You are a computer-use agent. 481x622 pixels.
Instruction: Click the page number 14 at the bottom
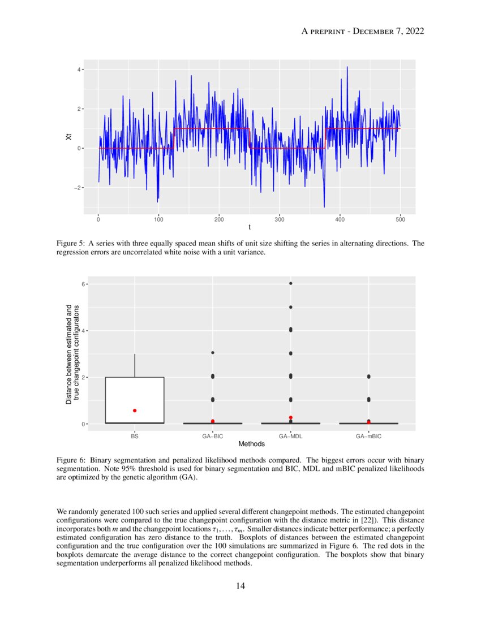(x=240, y=586)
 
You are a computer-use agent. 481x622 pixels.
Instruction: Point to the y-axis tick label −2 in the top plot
(x=79, y=188)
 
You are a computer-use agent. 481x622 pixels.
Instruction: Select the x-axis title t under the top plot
(x=249, y=228)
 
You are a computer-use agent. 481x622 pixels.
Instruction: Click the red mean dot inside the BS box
(x=135, y=411)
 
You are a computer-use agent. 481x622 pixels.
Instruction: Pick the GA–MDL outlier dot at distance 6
(x=291, y=283)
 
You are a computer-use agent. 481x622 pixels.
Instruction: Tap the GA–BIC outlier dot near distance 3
(x=213, y=353)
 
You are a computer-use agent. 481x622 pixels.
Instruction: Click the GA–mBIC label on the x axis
(x=369, y=436)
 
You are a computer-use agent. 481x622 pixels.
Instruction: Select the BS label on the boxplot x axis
(x=135, y=436)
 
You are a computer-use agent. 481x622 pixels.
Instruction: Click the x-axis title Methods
(x=251, y=444)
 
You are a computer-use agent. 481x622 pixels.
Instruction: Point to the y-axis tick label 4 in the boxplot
(x=82, y=330)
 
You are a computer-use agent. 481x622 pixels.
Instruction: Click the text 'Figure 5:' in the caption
(x=71, y=244)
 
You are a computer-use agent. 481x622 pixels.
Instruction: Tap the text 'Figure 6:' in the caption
(x=71, y=460)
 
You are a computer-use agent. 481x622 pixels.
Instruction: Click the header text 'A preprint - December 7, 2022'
(x=363, y=31)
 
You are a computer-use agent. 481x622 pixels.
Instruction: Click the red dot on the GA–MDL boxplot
(x=291, y=417)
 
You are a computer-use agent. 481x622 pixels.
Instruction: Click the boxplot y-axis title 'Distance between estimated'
(x=69, y=353)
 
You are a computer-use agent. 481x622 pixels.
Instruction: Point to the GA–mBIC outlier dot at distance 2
(x=369, y=377)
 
